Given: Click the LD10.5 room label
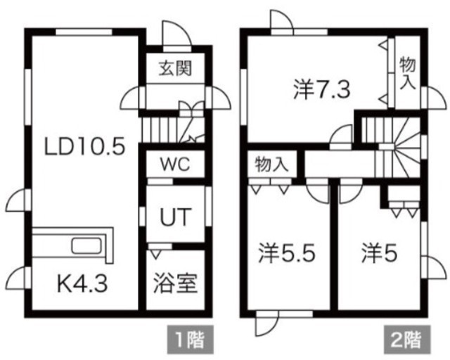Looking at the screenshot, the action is (x=84, y=146).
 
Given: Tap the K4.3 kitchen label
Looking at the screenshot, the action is (x=83, y=283).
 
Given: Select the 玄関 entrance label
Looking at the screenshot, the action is (x=175, y=68).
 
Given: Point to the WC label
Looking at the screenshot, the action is (x=175, y=165).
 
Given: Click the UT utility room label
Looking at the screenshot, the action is (x=175, y=217).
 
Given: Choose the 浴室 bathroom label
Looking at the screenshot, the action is (x=175, y=283).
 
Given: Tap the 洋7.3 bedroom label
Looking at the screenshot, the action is (x=322, y=90).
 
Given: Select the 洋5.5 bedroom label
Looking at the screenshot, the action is (x=287, y=253).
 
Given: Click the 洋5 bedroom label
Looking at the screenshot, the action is (x=380, y=253).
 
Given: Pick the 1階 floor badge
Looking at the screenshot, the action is (x=191, y=340).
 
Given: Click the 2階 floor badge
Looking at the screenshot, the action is (x=407, y=340).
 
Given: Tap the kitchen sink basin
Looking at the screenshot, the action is (x=86, y=246).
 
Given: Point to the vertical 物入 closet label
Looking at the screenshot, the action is (x=408, y=72).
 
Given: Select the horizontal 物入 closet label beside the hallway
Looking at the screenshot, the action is (x=271, y=165).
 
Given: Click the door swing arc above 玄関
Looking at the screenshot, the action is (x=176, y=33).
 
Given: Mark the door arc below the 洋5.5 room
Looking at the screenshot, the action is (x=267, y=323).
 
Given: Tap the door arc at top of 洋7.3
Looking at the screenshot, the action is (x=282, y=19).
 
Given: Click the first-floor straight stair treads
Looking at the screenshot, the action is (x=160, y=130).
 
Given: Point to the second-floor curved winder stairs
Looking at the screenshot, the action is (x=406, y=148).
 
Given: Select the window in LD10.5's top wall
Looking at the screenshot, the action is (x=84, y=32).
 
